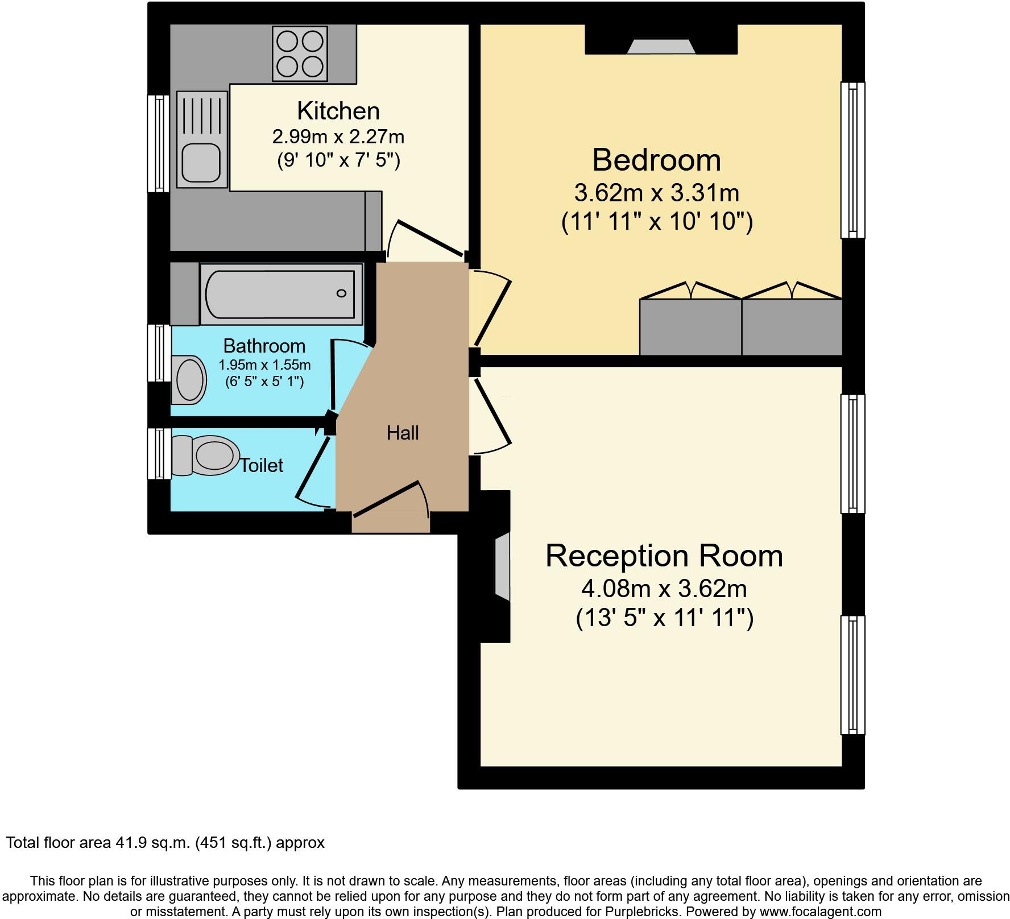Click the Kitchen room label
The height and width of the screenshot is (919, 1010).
pos(338,111)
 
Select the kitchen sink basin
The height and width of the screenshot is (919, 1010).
pos(201,161)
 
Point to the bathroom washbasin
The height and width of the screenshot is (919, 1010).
pos(190,379)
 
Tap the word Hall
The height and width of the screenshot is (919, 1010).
pos(403,433)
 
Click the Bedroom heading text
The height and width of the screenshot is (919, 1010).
pos(656,160)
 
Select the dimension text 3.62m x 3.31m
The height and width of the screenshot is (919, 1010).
pos(656,193)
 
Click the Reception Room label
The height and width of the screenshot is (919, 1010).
pos(664,556)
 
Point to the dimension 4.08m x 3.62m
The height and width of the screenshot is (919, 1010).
pos(664,589)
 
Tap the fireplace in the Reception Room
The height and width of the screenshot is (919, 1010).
pos(502,567)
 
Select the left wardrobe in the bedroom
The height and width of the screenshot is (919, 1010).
pos(690,327)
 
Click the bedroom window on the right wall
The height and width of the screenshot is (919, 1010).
pos(852,160)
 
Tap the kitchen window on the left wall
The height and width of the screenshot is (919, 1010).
pos(159,143)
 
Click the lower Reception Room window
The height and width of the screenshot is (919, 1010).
pos(852,675)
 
